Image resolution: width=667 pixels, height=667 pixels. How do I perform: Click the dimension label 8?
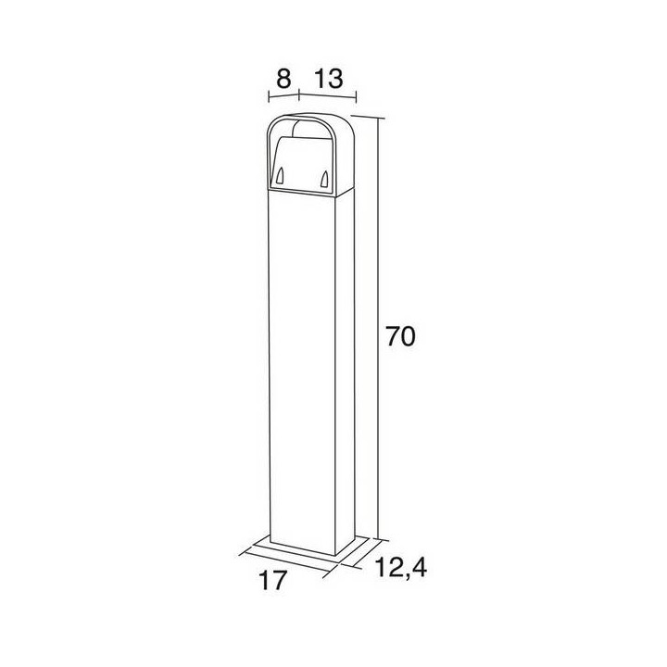click(x=283, y=79)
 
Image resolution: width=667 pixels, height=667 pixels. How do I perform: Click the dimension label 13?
click(x=328, y=79)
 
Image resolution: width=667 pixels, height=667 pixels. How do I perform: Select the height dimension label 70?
click(x=399, y=337)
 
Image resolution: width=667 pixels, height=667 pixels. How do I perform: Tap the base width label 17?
click(x=272, y=580)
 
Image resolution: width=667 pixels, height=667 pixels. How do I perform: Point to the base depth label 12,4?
click(x=401, y=567)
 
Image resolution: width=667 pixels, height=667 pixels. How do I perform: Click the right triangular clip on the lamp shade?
click(x=324, y=179)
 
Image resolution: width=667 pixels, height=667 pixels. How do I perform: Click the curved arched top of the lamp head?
click(x=310, y=116)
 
